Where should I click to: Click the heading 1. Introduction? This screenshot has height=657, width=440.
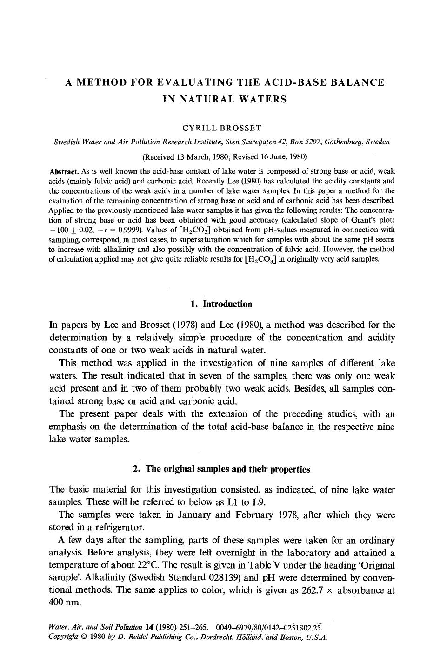[x=221, y=304]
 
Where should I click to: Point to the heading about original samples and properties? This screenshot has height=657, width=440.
[x=221, y=469]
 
